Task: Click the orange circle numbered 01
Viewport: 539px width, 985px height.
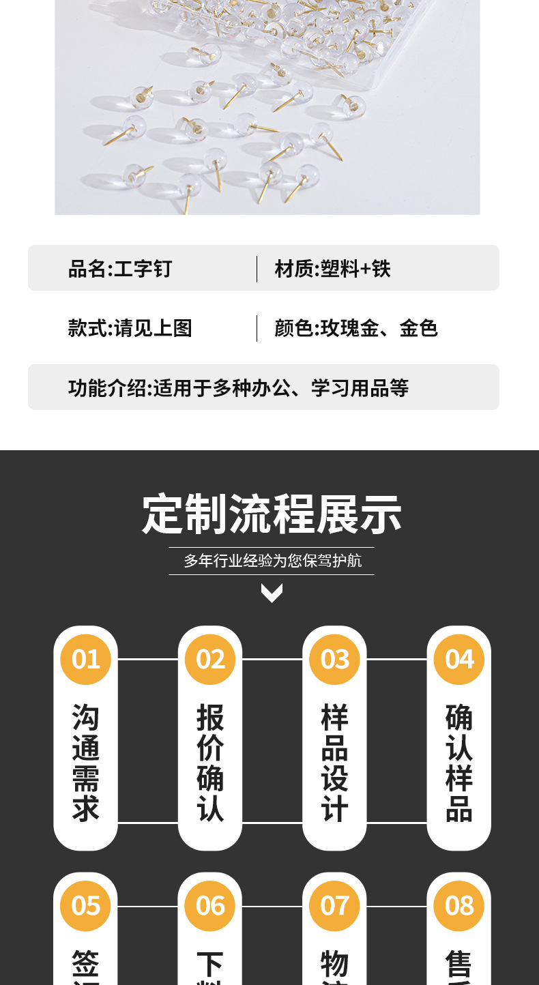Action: click(x=86, y=659)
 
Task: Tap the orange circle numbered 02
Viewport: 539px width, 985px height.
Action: click(x=210, y=659)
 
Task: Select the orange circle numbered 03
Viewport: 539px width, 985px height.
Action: click(x=334, y=659)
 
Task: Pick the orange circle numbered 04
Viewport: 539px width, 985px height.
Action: click(x=459, y=659)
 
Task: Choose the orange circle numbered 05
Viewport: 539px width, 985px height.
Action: click(x=86, y=906)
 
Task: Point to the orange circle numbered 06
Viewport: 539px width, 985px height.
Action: click(x=210, y=906)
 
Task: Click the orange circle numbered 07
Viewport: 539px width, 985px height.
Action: click(x=334, y=906)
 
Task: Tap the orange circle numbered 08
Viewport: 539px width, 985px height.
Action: click(x=459, y=906)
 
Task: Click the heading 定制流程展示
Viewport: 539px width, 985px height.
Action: click(x=272, y=514)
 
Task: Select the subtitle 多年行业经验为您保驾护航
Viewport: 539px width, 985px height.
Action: click(x=272, y=561)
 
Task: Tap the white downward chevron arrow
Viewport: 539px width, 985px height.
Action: click(x=272, y=593)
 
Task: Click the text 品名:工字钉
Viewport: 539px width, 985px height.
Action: click(x=120, y=269)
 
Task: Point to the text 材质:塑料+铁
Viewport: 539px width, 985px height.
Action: click(x=333, y=269)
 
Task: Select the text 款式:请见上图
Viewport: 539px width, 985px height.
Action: click(x=130, y=328)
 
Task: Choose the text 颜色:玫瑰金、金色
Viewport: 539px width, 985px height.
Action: click(x=356, y=328)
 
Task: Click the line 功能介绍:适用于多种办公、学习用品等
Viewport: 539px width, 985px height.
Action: click(x=238, y=388)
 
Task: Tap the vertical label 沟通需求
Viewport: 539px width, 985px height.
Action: click(x=86, y=763)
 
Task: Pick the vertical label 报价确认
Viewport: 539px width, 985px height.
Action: click(x=210, y=763)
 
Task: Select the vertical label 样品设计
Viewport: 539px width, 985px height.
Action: click(x=334, y=763)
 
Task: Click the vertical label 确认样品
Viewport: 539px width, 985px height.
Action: click(x=459, y=763)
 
